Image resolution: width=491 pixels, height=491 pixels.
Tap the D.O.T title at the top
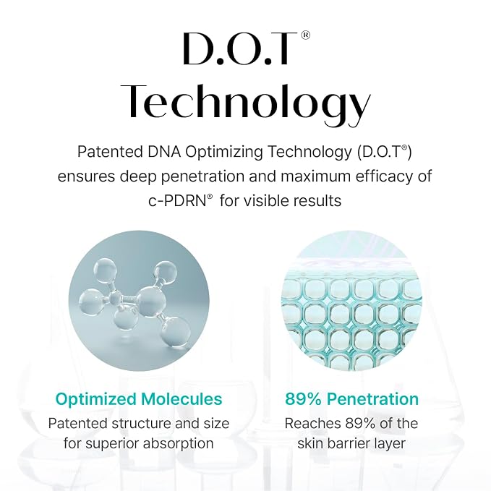point(240,48)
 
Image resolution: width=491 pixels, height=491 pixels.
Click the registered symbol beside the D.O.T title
point(306,35)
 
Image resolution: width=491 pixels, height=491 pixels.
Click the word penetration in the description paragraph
point(202,176)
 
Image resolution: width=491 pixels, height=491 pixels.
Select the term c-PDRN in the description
point(178,201)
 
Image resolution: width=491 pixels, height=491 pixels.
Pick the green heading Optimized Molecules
point(139,399)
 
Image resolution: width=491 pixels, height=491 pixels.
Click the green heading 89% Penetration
point(351,399)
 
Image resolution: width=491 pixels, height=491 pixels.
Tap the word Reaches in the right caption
point(313,423)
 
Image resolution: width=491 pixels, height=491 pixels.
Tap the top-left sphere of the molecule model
point(106,270)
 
